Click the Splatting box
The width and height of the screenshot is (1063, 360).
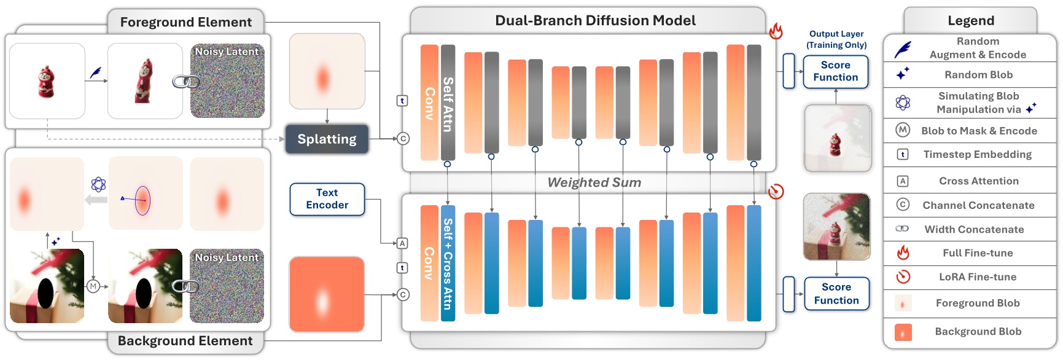click(x=327, y=139)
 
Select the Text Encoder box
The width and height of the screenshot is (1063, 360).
click(x=327, y=199)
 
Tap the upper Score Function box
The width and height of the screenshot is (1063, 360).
click(x=835, y=71)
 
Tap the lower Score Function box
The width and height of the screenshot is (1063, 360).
click(x=836, y=294)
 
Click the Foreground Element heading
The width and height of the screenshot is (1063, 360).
click(x=185, y=22)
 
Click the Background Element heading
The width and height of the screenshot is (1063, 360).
click(x=185, y=341)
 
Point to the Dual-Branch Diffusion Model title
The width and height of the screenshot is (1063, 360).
click(x=594, y=20)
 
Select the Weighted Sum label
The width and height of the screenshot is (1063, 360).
click(x=594, y=182)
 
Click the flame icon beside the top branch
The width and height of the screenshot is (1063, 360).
click(x=776, y=31)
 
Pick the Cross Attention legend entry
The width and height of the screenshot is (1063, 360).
click(x=978, y=181)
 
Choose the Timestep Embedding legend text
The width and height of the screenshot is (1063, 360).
click(x=977, y=155)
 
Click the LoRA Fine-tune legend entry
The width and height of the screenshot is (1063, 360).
click(x=977, y=277)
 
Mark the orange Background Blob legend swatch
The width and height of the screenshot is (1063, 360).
click(x=903, y=332)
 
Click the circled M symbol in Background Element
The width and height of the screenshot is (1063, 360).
click(x=93, y=286)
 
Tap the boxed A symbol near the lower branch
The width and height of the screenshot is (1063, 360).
click(x=402, y=243)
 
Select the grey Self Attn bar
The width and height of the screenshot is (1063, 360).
click(x=448, y=103)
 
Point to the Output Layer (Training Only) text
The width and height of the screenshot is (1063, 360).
click(x=836, y=39)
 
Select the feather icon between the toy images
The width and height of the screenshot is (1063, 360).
click(x=96, y=73)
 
